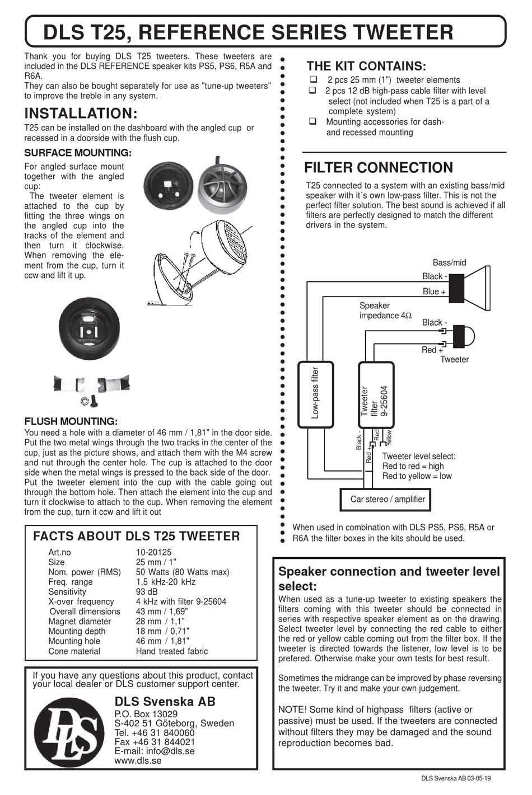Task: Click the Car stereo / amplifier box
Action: (x=387, y=499)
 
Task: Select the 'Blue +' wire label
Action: (x=434, y=291)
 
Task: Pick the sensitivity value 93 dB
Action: (x=147, y=592)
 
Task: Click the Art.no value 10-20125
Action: (x=153, y=552)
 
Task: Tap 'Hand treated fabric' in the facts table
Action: (x=171, y=651)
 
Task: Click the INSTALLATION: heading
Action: (x=81, y=113)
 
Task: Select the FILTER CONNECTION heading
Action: (x=378, y=168)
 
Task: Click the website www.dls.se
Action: (x=138, y=761)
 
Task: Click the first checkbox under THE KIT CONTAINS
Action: (x=313, y=79)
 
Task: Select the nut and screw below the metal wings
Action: (x=89, y=400)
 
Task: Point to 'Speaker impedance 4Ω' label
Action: (x=385, y=311)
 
